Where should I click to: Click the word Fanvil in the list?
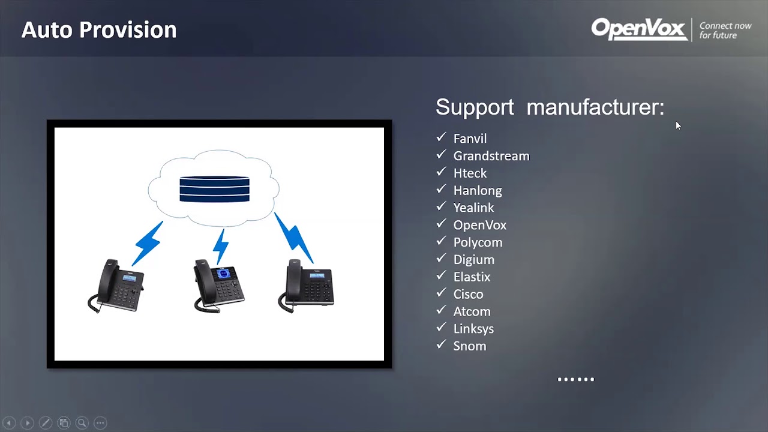coord(470,139)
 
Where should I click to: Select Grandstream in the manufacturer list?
coord(491,156)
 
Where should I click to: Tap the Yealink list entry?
coord(473,208)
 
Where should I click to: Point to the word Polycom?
coord(478,242)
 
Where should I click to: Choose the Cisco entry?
coord(468,294)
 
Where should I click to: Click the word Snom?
coord(469,346)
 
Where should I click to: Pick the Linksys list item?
coord(473,329)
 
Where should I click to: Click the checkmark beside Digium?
coord(442,259)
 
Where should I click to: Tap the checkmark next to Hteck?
coord(442,172)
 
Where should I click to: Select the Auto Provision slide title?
coord(99,29)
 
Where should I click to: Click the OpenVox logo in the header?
coord(639,29)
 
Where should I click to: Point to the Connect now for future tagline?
coord(725,31)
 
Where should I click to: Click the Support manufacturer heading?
coord(550,107)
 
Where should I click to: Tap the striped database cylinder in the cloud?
coord(214,189)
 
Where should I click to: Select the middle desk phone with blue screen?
coord(219,286)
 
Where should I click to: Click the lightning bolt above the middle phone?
coord(221,245)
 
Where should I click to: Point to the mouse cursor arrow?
coord(678,125)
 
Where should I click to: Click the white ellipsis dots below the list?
coord(575,379)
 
